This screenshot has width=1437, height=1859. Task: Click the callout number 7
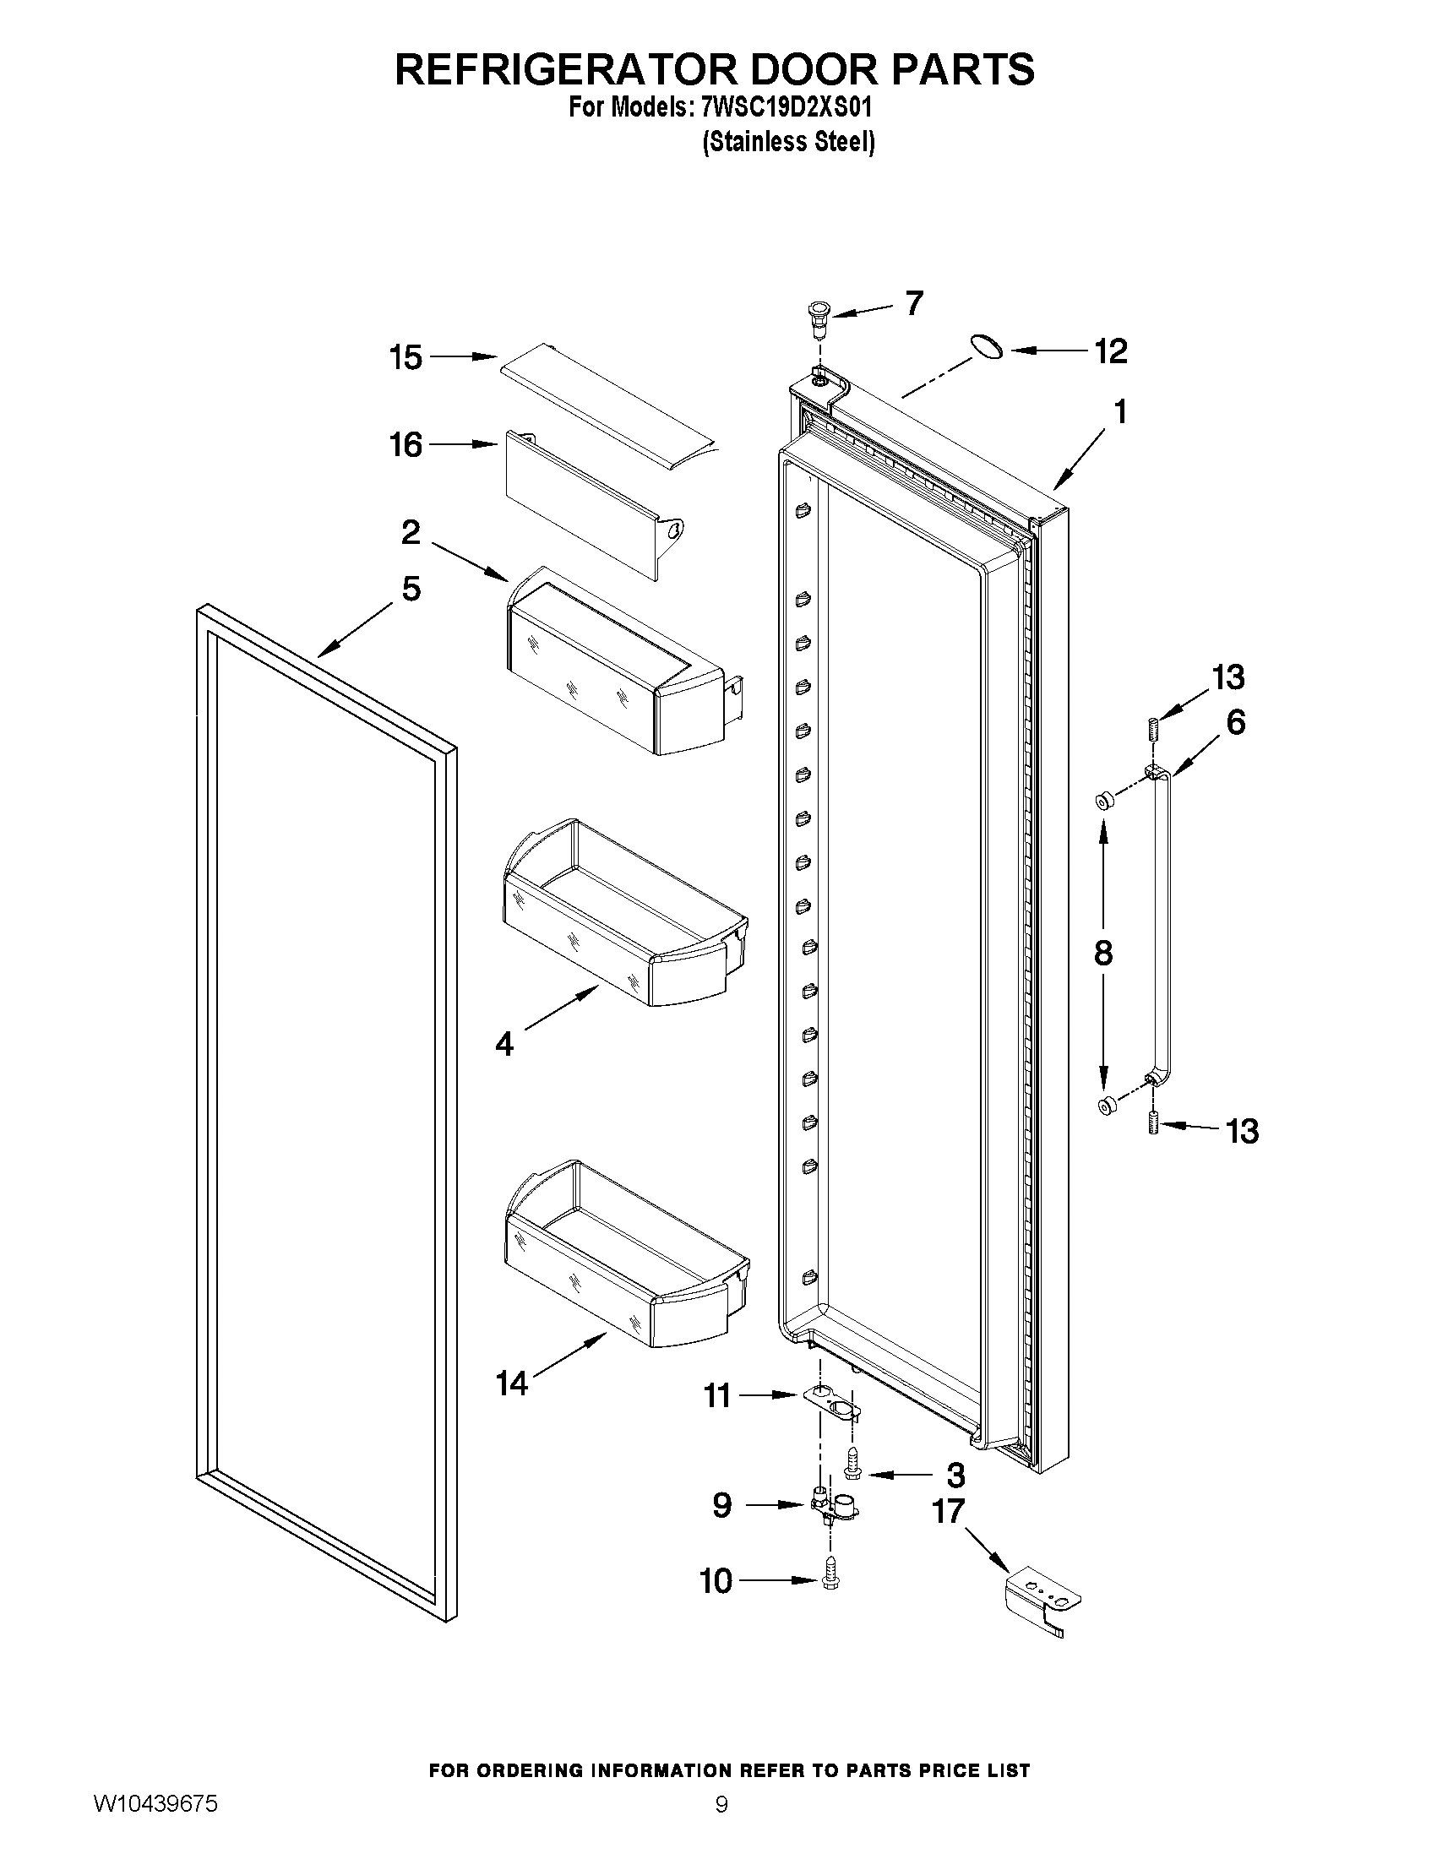coord(913,303)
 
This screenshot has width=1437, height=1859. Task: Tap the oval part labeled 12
coord(986,346)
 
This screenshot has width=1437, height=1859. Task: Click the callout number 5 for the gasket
coord(411,588)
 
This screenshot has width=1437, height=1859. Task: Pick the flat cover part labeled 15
coord(606,401)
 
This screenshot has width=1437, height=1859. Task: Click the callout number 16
coord(406,444)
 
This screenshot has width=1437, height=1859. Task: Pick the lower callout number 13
coord(1242,1131)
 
